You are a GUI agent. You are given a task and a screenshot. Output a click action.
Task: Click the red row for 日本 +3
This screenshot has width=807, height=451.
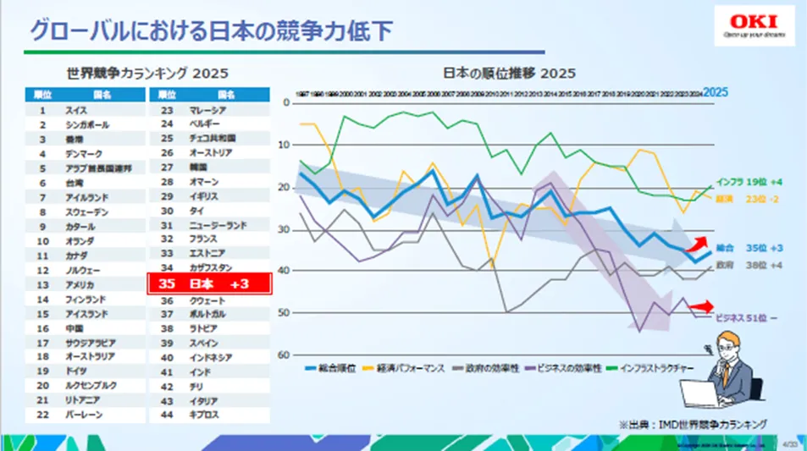coord(209,283)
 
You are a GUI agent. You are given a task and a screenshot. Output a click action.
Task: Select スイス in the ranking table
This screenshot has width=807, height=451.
coord(75,110)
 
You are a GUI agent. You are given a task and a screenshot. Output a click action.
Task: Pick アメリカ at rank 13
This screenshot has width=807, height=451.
coord(80,285)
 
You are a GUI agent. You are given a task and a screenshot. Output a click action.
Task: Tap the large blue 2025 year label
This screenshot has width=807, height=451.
coord(716,91)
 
